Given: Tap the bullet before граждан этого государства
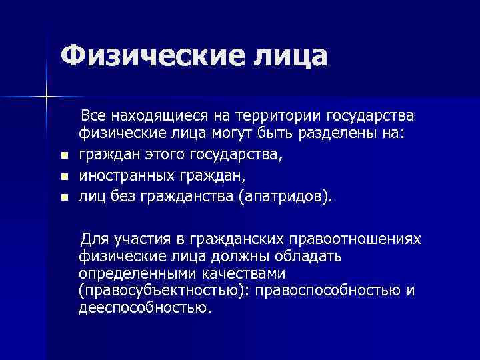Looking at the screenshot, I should click(x=63, y=157).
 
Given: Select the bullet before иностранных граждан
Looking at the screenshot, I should click(x=63, y=177).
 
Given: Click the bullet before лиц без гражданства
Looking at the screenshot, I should click(x=63, y=197).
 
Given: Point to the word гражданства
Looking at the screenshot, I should click(x=186, y=197).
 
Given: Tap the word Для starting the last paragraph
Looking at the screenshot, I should click(x=95, y=240).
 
